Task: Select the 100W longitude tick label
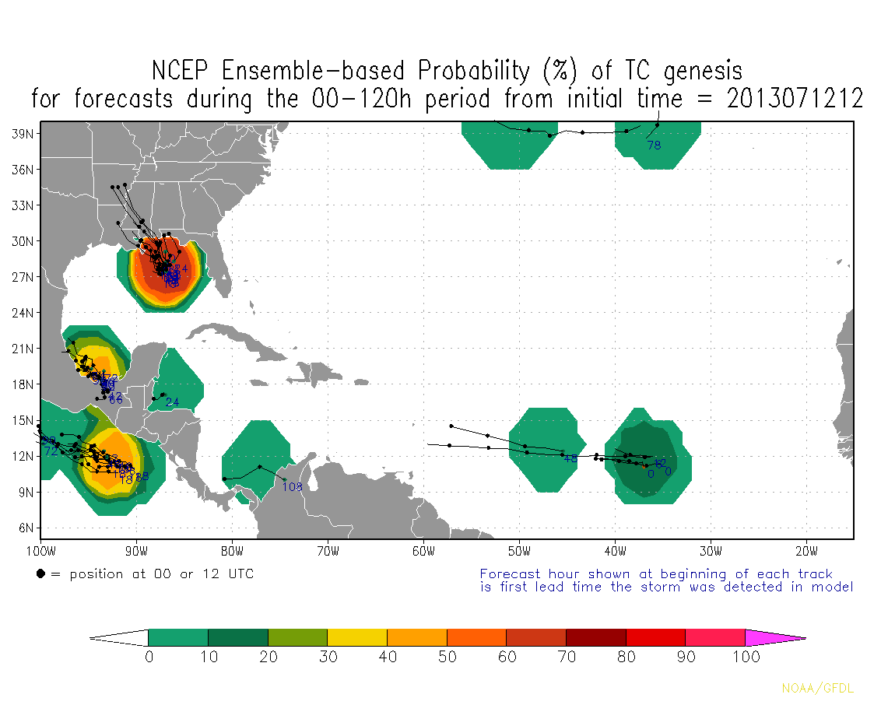pos(40,552)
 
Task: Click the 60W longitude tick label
pos(423,552)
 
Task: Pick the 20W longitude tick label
pos(806,552)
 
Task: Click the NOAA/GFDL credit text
pos(817,689)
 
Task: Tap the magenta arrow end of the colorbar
pos(775,637)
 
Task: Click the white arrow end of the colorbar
pos(119,637)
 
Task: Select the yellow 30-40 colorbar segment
pos(357,637)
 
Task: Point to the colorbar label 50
pos(447,658)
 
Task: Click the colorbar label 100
pos(746,658)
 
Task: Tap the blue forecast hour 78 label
pos(654,145)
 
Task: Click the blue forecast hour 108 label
pos(292,487)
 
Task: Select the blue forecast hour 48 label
pos(570,458)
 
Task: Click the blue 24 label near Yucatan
pos(172,402)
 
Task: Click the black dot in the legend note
pos(40,574)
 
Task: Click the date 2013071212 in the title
pos(795,99)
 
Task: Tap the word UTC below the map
pos(238,574)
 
